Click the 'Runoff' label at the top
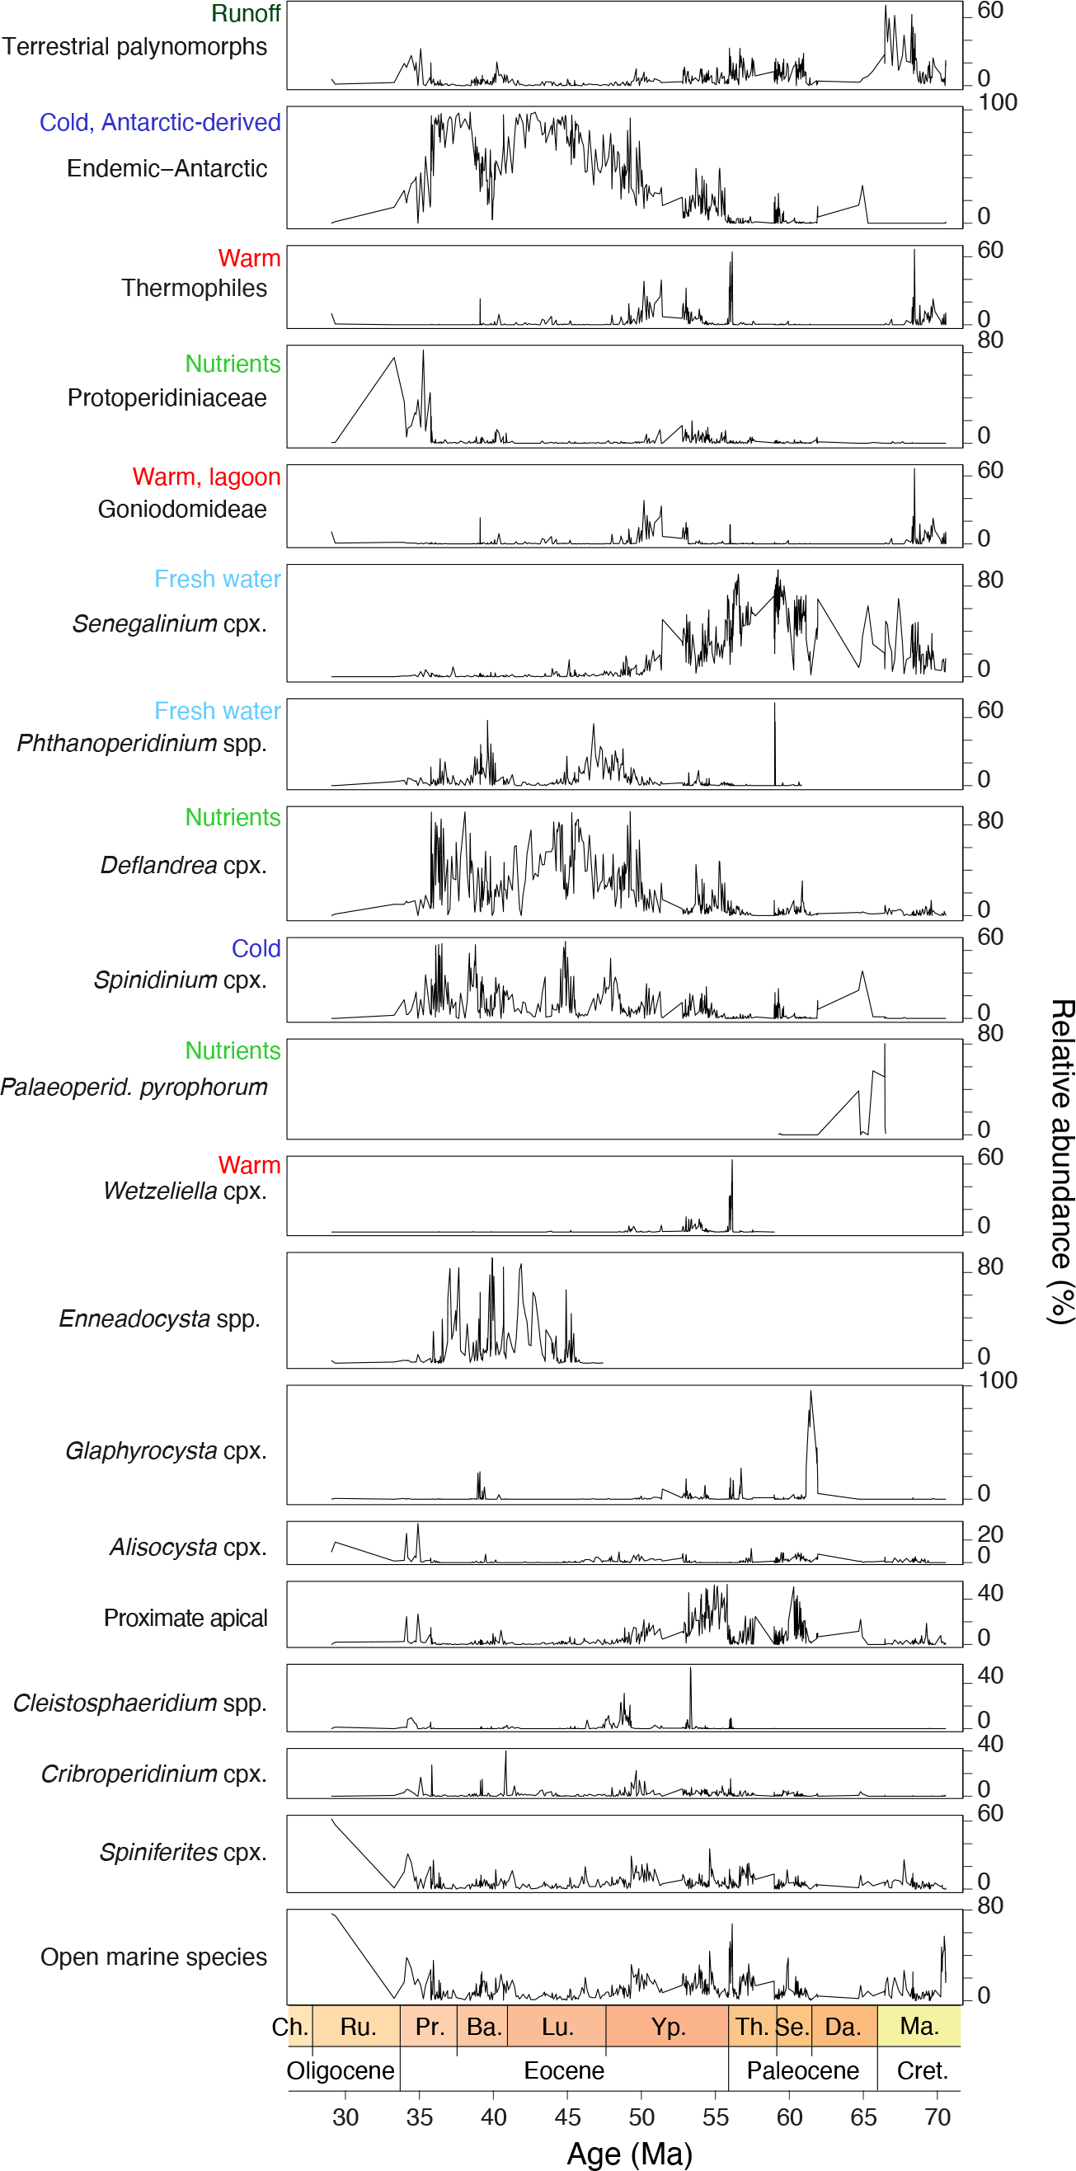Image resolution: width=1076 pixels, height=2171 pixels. click(x=245, y=13)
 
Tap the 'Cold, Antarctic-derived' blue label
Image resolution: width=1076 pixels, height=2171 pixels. click(x=160, y=123)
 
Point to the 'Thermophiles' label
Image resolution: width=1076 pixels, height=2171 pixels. click(x=194, y=289)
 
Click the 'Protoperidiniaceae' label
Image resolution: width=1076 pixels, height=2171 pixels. click(x=167, y=397)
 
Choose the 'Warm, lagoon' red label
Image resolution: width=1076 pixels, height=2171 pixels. click(x=206, y=477)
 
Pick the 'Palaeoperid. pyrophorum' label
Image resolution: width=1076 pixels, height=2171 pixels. click(x=134, y=1088)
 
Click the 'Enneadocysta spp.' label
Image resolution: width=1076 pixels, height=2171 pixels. click(x=159, y=1319)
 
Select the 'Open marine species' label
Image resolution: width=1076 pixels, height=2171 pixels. click(x=153, y=1957)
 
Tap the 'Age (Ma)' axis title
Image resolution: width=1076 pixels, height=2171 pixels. click(x=629, y=2154)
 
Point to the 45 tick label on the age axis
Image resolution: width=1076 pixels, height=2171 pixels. click(x=567, y=2117)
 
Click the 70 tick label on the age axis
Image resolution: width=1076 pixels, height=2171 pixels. click(x=937, y=2117)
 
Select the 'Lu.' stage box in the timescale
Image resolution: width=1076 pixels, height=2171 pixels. click(x=557, y=2027)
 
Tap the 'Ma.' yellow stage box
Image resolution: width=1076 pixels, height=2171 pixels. click(x=919, y=2026)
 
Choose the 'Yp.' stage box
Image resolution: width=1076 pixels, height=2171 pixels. click(x=667, y=2027)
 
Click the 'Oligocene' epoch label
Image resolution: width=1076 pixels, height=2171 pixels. click(x=341, y=2070)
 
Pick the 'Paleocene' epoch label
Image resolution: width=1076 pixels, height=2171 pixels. click(x=802, y=2070)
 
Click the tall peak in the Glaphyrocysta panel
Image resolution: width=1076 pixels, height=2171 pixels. click(x=811, y=1394)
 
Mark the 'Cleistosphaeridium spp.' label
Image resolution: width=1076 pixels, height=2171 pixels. click(x=140, y=1703)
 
